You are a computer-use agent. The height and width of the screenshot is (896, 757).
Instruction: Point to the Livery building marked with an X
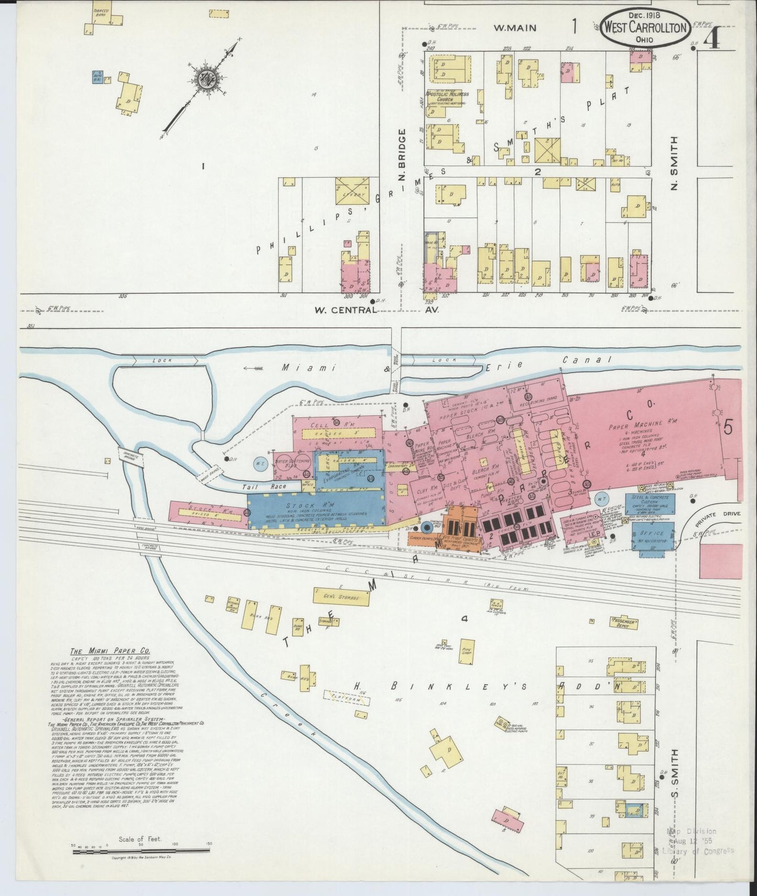(353, 191)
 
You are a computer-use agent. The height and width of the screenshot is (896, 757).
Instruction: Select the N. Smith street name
(674, 163)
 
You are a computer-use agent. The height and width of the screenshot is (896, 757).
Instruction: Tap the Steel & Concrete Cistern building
(650, 505)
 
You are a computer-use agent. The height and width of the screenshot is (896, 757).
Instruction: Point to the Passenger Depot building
(625, 622)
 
